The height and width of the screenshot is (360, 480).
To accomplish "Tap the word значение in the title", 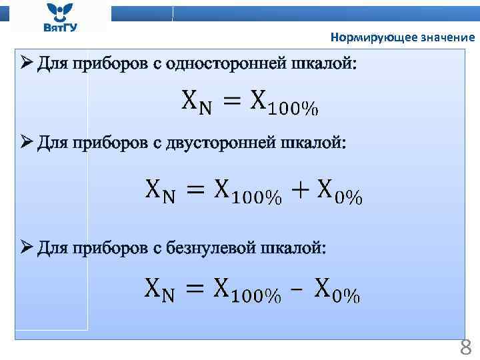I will pos(447,38).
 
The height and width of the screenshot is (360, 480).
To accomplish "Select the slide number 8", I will pos(465,347).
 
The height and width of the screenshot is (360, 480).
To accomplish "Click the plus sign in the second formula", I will pos(299,191).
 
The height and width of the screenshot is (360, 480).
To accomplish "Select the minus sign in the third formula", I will pos(297,291).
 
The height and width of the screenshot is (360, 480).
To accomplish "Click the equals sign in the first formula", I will pos(230,101).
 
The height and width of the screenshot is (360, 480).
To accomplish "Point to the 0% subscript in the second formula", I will pos(348,197).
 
